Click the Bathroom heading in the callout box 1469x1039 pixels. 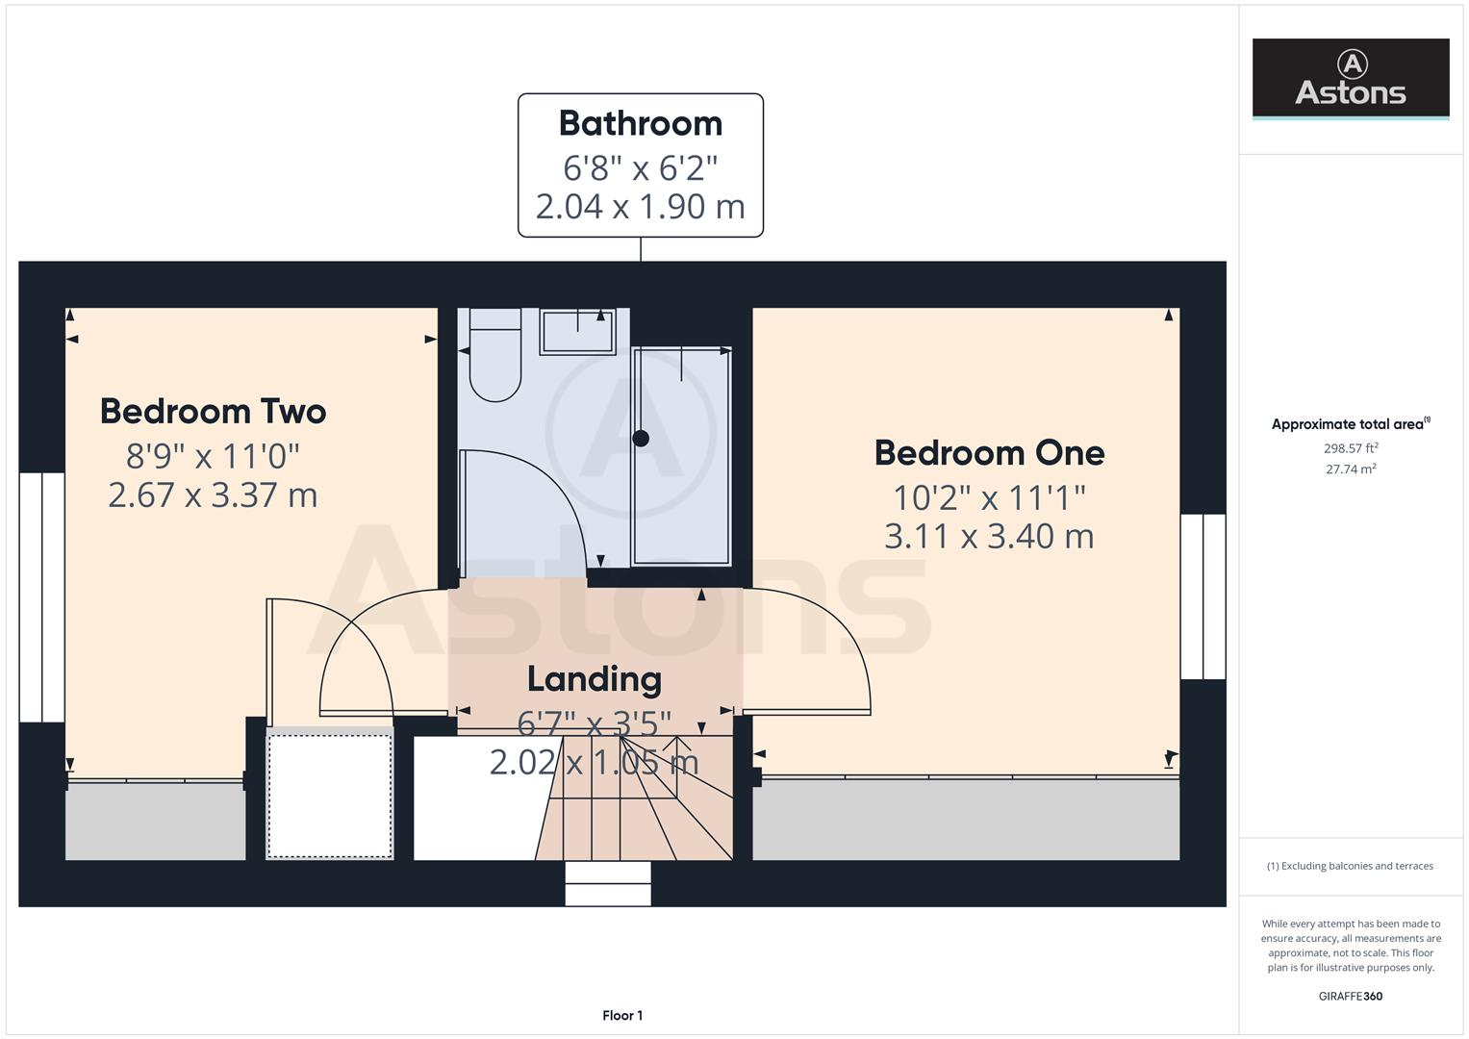[640, 124]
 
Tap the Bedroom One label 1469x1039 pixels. [989, 453]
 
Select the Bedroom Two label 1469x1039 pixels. [213, 412]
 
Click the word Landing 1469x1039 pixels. [594, 679]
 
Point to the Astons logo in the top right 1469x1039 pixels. [1350, 79]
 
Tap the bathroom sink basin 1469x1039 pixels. [577, 332]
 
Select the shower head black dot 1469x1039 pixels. [641, 439]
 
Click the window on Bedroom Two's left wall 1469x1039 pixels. [41, 596]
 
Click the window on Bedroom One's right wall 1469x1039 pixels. [1203, 596]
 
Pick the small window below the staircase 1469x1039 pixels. [607, 883]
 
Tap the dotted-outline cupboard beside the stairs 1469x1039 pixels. [330, 795]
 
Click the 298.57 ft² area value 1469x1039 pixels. [1350, 448]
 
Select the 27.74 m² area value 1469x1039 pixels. [1350, 469]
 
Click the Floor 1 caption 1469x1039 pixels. [621, 1015]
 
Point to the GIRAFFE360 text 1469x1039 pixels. [1350, 996]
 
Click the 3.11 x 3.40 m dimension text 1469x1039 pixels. [989, 537]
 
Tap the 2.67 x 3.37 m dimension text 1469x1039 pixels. [213, 495]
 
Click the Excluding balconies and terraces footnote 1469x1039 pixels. [1350, 866]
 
